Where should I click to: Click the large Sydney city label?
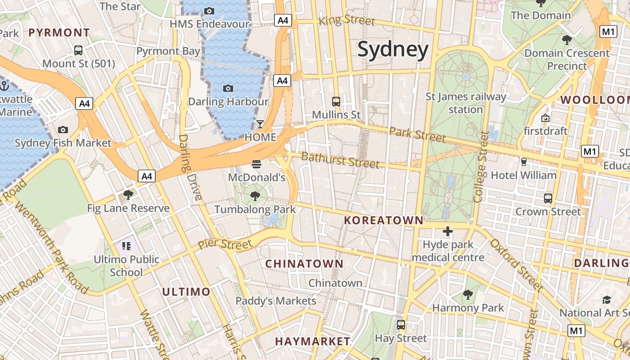pyautogui.click(x=393, y=50)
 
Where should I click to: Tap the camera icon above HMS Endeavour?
pyautogui.click(x=209, y=11)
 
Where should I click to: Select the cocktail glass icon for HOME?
pyautogui.click(x=260, y=124)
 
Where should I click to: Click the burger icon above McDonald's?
pyautogui.click(x=256, y=164)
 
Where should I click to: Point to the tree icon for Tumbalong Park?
pyautogui.click(x=255, y=196)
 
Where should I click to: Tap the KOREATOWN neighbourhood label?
pyautogui.click(x=384, y=220)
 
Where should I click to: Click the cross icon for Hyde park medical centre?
pyautogui.click(x=447, y=231)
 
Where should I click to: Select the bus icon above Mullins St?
pyautogui.click(x=336, y=101)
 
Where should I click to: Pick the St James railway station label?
pyautogui.click(x=466, y=103)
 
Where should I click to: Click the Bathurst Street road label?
pyautogui.click(x=340, y=160)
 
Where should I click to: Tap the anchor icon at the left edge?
pyautogui.click(x=4, y=85)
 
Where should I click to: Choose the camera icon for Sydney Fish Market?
pyautogui.click(x=63, y=130)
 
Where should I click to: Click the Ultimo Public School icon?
pyautogui.click(x=126, y=246)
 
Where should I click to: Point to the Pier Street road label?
pyautogui.click(x=225, y=245)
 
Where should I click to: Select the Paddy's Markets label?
pyautogui.click(x=276, y=301)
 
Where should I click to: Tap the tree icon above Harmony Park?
pyautogui.click(x=468, y=295)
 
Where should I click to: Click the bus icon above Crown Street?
pyautogui.click(x=548, y=198)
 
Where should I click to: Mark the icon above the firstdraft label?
pyautogui.click(x=545, y=118)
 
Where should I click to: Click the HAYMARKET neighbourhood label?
pyautogui.click(x=312, y=342)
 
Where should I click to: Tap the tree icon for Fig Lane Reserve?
pyautogui.click(x=128, y=195)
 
